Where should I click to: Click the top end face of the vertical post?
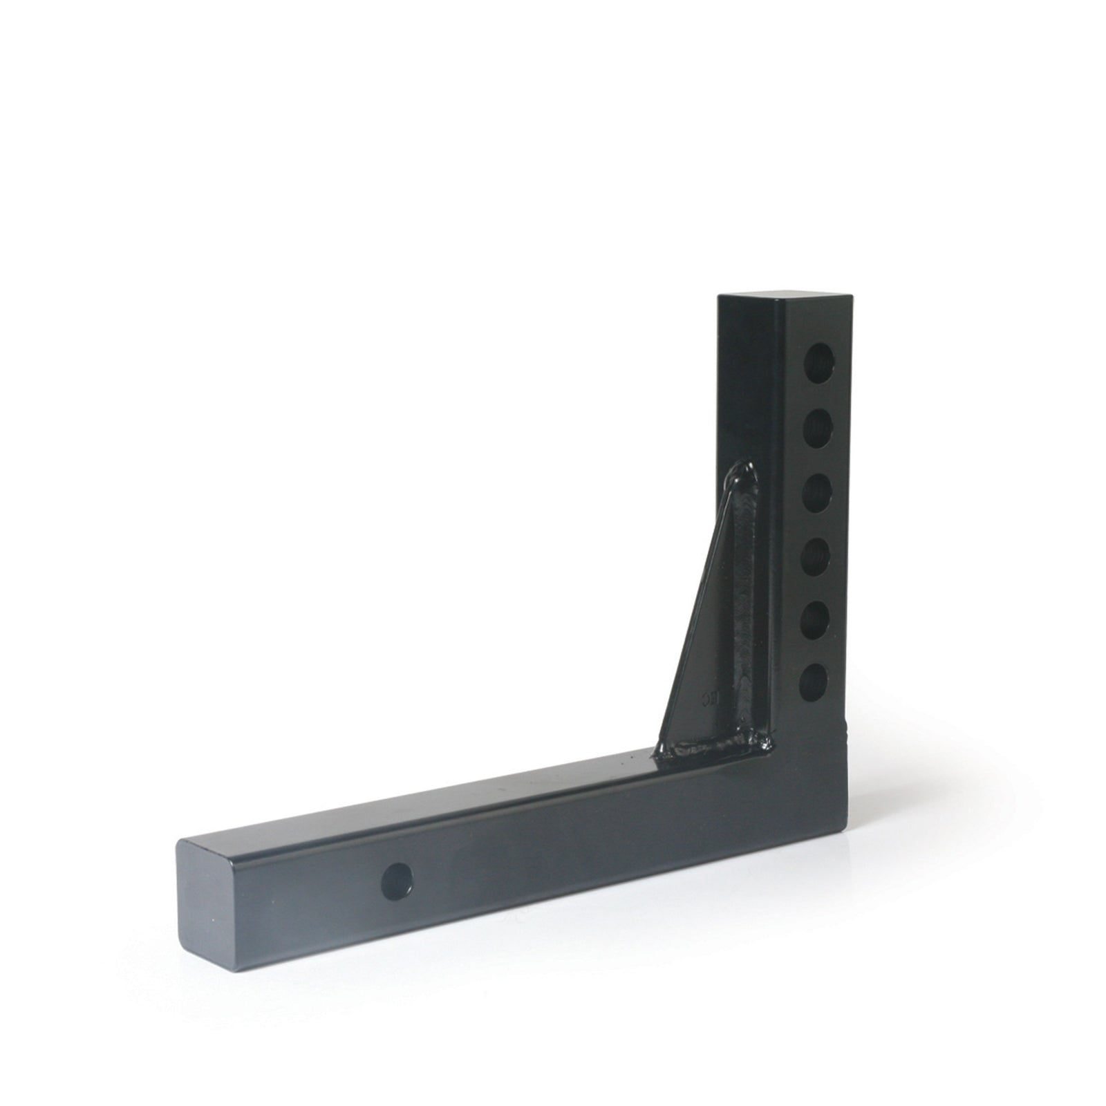coord(781,303)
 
